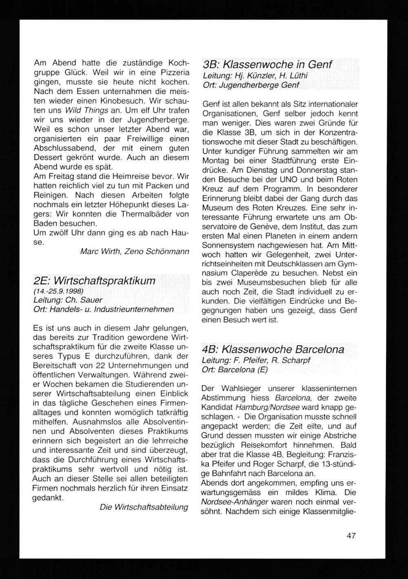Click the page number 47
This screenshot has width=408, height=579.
coord(351,535)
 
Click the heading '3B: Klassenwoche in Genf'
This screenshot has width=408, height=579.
coord(267,65)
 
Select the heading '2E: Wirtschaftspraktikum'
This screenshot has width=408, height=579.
coord(94,281)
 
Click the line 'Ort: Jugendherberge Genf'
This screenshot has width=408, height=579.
coord(251,85)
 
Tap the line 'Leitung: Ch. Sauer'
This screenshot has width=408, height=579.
coord(68,301)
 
